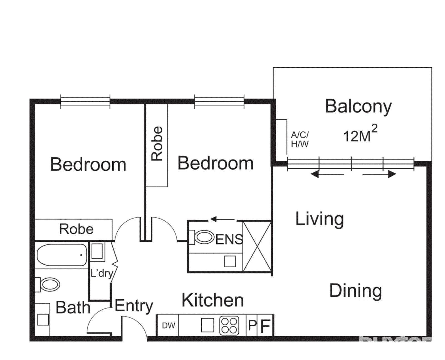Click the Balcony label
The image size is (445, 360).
358,106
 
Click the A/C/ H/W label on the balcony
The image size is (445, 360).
300,139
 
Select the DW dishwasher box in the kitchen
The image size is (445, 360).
168,325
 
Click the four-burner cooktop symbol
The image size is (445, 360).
229,325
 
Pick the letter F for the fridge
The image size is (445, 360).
265,326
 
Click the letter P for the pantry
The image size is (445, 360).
252,325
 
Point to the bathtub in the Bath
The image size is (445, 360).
62,255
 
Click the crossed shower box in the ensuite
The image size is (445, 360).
257,246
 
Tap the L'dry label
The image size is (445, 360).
102,273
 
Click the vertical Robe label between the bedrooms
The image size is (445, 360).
157,144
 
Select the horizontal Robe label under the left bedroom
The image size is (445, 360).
76,229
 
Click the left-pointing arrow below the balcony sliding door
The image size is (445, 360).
327,175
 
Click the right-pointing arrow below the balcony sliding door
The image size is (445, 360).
380,174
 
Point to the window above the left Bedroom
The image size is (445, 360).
85,102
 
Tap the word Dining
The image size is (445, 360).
355,291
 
